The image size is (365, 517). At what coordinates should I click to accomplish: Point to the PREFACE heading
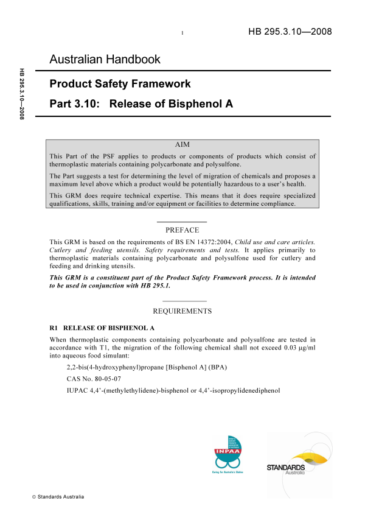182,230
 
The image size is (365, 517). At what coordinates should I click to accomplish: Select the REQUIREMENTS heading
182,311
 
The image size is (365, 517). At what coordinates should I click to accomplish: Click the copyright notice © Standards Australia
58,497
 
